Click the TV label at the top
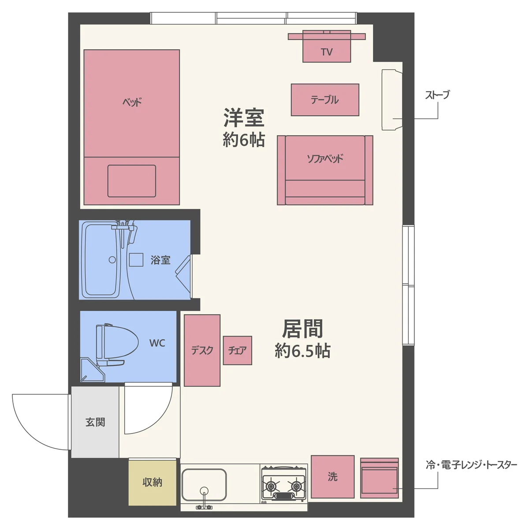point(327,52)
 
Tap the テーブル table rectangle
point(325,100)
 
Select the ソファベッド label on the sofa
point(325,159)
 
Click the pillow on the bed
point(132,181)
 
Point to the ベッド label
point(132,102)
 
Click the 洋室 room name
point(244,118)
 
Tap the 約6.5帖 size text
point(302,351)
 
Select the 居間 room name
point(302,329)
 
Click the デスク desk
point(202,350)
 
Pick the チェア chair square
point(237,350)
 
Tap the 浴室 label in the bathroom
point(160,260)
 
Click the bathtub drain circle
point(112,260)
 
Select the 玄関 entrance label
point(95,422)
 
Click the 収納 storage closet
point(152,482)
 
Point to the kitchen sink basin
point(204,485)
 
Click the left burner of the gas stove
point(271,486)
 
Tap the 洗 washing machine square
point(332,476)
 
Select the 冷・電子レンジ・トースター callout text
point(471,465)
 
